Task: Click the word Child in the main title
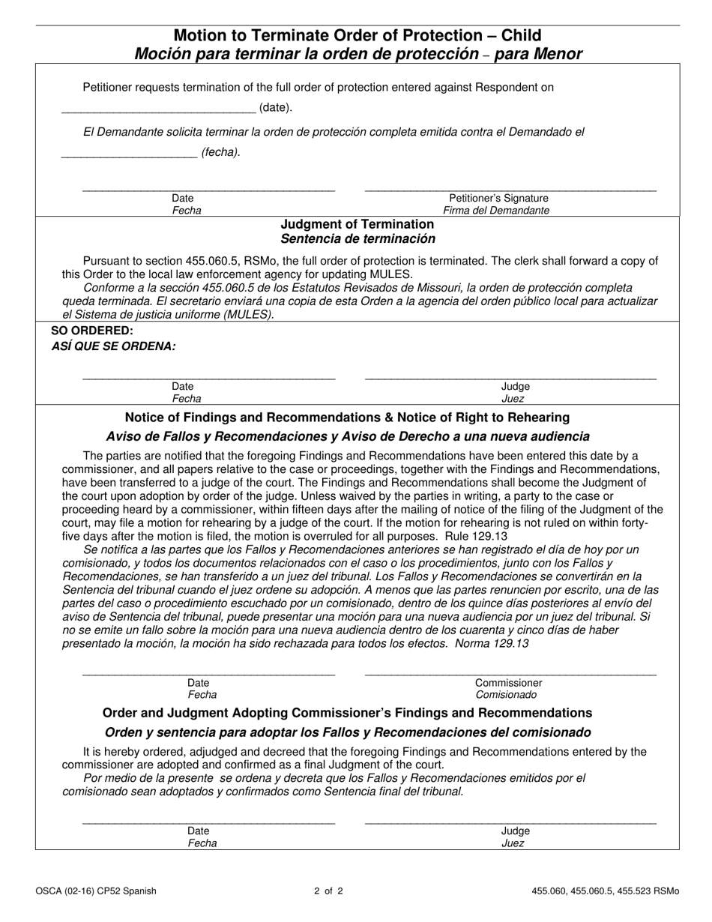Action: (516, 35)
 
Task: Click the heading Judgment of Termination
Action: (357, 224)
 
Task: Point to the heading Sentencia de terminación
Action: (357, 239)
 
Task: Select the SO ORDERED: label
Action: (92, 331)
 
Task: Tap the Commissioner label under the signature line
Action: (508, 683)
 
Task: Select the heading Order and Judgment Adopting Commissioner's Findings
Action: (347, 712)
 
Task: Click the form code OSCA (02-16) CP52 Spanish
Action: (95, 891)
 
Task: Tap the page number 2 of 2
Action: (328, 891)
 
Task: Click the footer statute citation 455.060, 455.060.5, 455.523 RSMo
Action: (606, 891)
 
